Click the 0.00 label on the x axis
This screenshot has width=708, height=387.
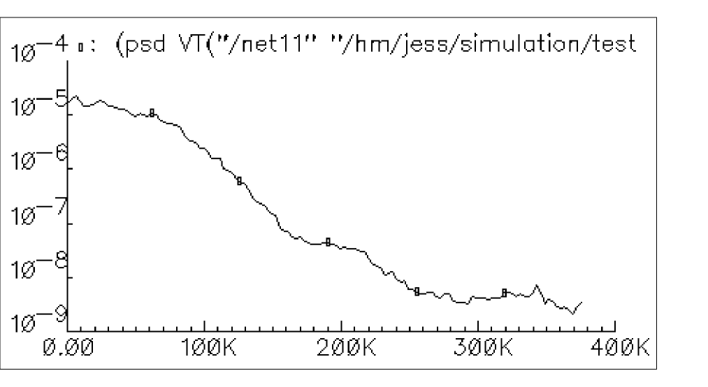point(68,347)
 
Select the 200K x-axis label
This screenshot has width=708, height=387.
point(341,347)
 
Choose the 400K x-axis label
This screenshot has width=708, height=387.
point(615,347)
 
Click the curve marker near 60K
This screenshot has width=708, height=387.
point(152,113)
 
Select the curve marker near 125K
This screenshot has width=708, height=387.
point(239,181)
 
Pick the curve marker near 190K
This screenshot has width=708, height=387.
point(328,242)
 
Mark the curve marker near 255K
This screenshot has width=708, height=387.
point(417,291)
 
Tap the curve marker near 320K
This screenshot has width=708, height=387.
point(504,293)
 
